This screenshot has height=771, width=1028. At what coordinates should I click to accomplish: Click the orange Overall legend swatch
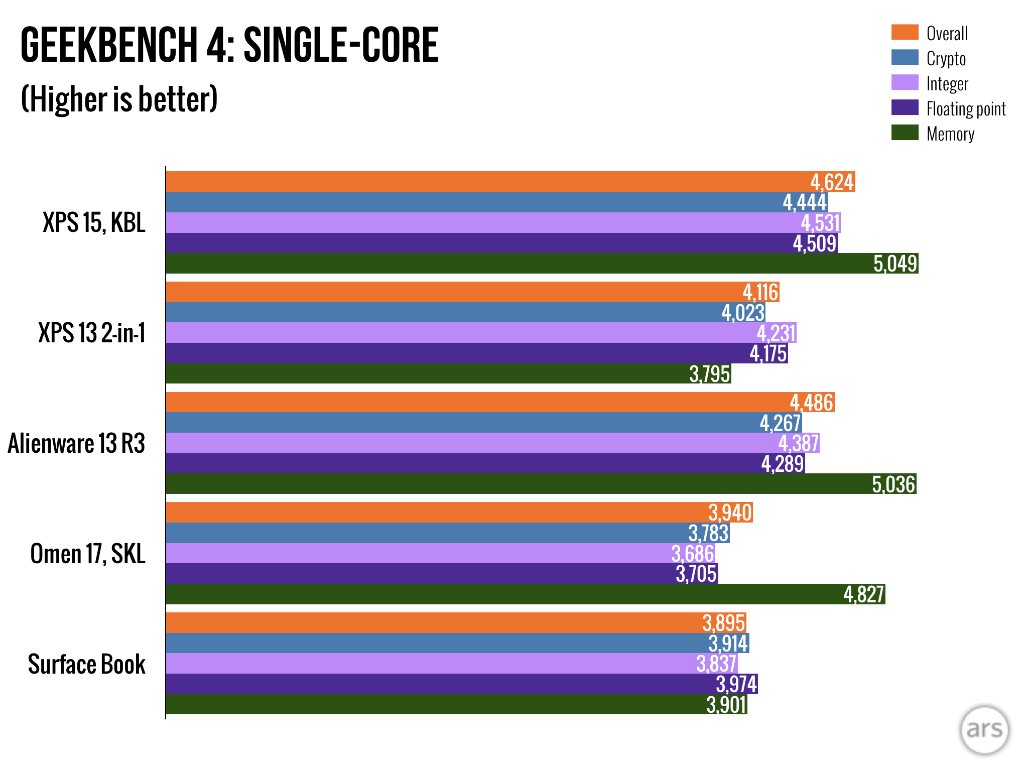pos(905,32)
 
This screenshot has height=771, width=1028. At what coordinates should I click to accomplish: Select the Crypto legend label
pos(946,59)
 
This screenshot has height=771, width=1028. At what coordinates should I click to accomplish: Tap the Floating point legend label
pos(966,109)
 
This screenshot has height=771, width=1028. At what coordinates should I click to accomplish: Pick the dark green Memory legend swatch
pos(905,133)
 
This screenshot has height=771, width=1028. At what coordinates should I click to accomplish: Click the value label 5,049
pos(895,264)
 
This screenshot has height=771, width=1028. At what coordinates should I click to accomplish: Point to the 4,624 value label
pos(832,182)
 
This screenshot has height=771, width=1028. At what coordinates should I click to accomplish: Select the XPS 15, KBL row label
pos(94,222)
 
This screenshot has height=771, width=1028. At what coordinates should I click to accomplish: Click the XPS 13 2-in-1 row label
pos(92,333)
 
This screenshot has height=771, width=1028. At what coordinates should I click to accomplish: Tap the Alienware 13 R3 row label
pos(76,443)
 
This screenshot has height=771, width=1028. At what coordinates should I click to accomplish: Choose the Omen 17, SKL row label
pos(88,554)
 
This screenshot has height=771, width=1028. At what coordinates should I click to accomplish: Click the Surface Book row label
pos(86,664)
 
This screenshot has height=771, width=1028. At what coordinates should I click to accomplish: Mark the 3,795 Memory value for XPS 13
pos(709,374)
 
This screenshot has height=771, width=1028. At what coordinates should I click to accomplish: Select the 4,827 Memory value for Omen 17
pos(863,595)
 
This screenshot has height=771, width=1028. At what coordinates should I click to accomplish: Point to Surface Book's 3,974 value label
pos(736,684)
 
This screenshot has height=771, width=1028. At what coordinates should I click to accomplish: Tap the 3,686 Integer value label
pos(692,554)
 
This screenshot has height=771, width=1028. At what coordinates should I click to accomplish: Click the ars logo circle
pos(984,729)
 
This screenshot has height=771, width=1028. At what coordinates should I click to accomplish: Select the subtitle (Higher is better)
pos(119,99)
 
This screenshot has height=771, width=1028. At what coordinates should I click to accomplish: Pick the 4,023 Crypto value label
pos(743,313)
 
